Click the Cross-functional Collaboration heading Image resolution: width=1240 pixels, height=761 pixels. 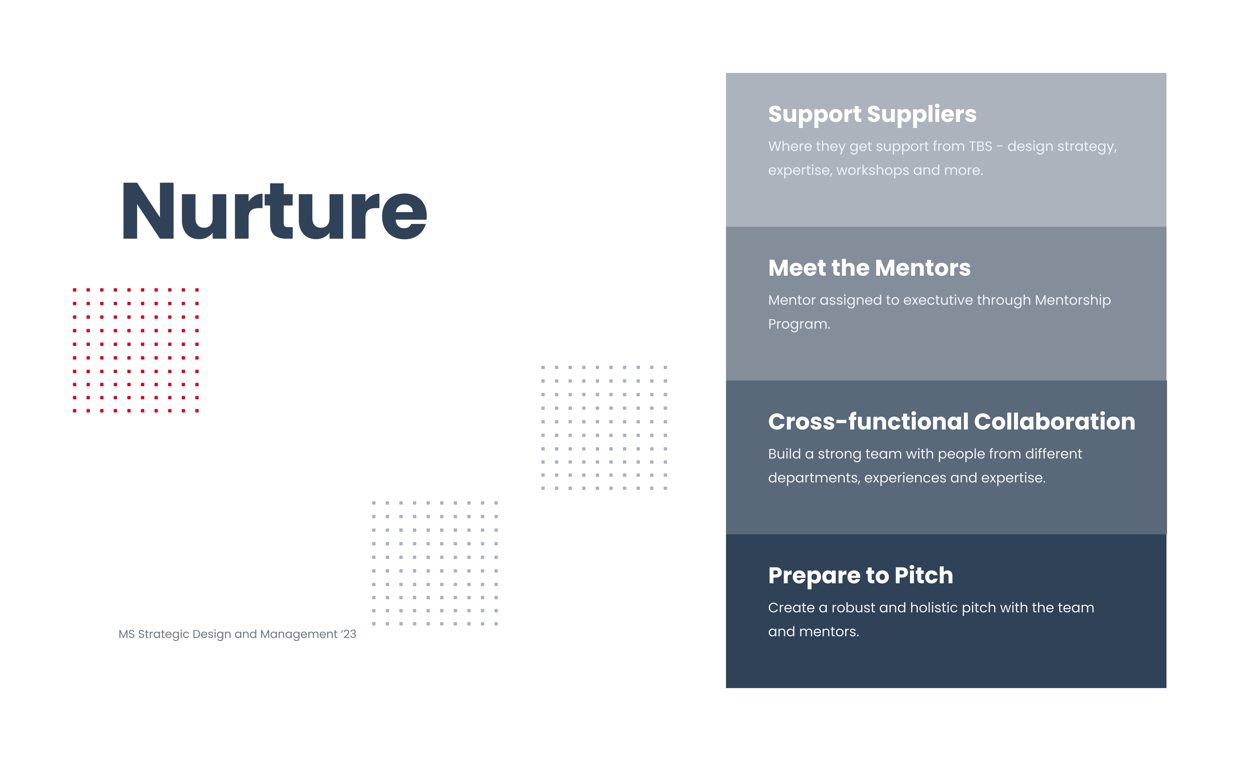click(952, 422)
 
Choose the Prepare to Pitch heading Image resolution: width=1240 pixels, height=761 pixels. click(860, 576)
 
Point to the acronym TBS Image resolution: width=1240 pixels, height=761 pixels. click(980, 146)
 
